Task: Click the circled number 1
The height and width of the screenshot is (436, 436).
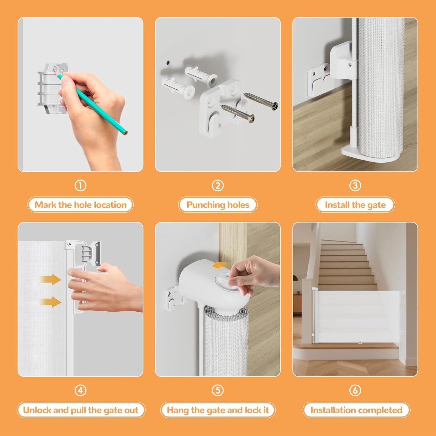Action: [x=80, y=186]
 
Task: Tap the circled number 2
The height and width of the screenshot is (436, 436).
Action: [x=218, y=186]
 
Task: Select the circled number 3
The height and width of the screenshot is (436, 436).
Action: [x=355, y=186]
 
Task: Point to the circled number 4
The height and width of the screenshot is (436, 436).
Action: [x=80, y=390]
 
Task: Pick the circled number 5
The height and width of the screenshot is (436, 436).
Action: [x=218, y=390]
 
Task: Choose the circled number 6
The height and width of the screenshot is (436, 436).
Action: [x=355, y=390]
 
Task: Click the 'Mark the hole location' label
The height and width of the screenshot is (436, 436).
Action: [x=80, y=205]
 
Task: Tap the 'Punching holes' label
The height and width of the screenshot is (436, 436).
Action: [x=218, y=205]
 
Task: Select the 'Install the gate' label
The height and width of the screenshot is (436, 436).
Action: [x=355, y=205]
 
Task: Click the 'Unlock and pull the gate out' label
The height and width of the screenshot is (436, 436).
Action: [x=81, y=410]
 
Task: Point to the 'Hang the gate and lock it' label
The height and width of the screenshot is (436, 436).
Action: [x=218, y=410]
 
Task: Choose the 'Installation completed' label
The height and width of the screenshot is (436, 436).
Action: [x=356, y=410]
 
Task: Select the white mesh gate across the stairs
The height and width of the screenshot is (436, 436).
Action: [x=358, y=316]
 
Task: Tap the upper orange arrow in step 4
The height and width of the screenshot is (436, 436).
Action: [x=51, y=279]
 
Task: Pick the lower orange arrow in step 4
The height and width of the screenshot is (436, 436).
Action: [x=51, y=302]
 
